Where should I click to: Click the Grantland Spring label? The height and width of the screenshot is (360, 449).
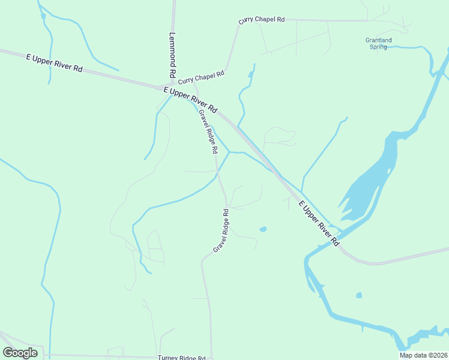click(x=378, y=43)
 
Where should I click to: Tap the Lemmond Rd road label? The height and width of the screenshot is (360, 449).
click(x=172, y=55)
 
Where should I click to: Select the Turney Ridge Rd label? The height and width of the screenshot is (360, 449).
click(x=181, y=358)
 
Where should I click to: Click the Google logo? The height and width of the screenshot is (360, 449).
click(x=20, y=353)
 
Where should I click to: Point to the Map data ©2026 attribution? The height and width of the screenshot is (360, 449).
click(x=423, y=355)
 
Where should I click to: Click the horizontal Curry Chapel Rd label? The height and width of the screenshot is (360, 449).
click(x=261, y=20)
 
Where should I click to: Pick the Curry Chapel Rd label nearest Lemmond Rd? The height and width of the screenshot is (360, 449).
click(x=201, y=77)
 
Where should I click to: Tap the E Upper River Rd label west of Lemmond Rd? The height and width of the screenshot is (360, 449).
click(x=54, y=62)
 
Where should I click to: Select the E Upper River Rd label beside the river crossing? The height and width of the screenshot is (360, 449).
click(x=319, y=224)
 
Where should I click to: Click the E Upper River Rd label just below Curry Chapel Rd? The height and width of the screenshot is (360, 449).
click(x=190, y=99)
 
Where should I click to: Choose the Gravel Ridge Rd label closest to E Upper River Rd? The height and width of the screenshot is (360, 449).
click(x=208, y=131)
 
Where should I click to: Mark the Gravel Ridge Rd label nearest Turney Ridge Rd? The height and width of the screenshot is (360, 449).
click(x=221, y=230)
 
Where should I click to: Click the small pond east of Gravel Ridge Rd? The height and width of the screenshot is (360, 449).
click(x=262, y=229)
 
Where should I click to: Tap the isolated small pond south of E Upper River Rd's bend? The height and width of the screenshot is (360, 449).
click(x=359, y=295)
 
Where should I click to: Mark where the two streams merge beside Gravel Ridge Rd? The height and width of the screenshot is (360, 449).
click(x=229, y=152)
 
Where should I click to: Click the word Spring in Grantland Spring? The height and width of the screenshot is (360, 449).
click(x=378, y=47)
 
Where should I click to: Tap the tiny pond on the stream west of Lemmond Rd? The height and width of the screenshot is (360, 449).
click(x=43, y=16)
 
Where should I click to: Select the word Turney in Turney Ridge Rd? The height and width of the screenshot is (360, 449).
click(x=169, y=358)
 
